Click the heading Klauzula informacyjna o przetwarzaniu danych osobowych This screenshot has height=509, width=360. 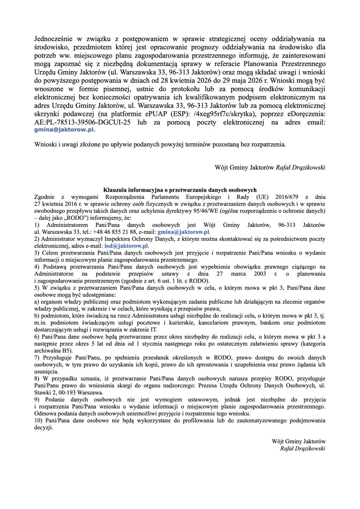point(180,190)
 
